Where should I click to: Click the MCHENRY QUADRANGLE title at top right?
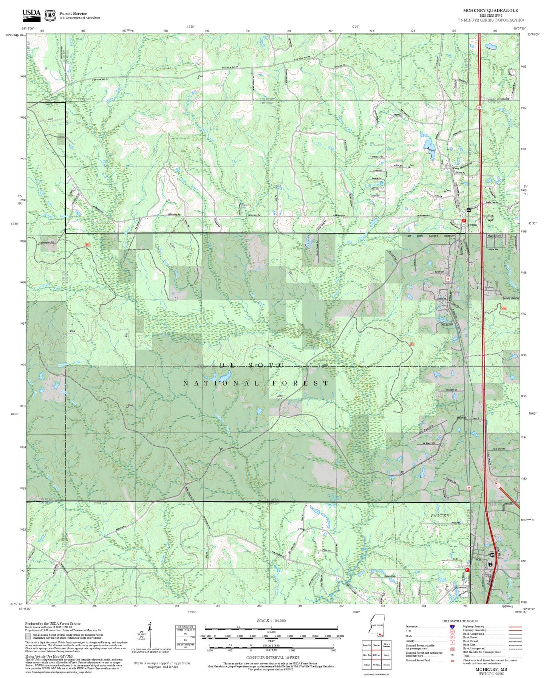pos(490,10)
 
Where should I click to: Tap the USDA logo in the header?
pos(31,14)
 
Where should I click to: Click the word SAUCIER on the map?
pos(440,515)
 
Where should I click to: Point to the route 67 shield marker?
pos(498,485)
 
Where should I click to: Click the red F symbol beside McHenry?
pos(464,220)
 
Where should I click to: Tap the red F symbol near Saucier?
pos(467,570)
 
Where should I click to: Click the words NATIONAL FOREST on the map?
pos(256,383)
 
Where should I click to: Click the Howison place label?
pos(462,418)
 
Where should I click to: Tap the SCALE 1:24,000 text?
pos(271,621)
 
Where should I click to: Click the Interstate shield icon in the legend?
pos(452,627)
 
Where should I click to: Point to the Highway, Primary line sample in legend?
pos(515,627)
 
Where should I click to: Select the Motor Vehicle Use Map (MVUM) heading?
pos(49,657)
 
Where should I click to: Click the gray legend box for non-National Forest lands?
pos(28,636)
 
